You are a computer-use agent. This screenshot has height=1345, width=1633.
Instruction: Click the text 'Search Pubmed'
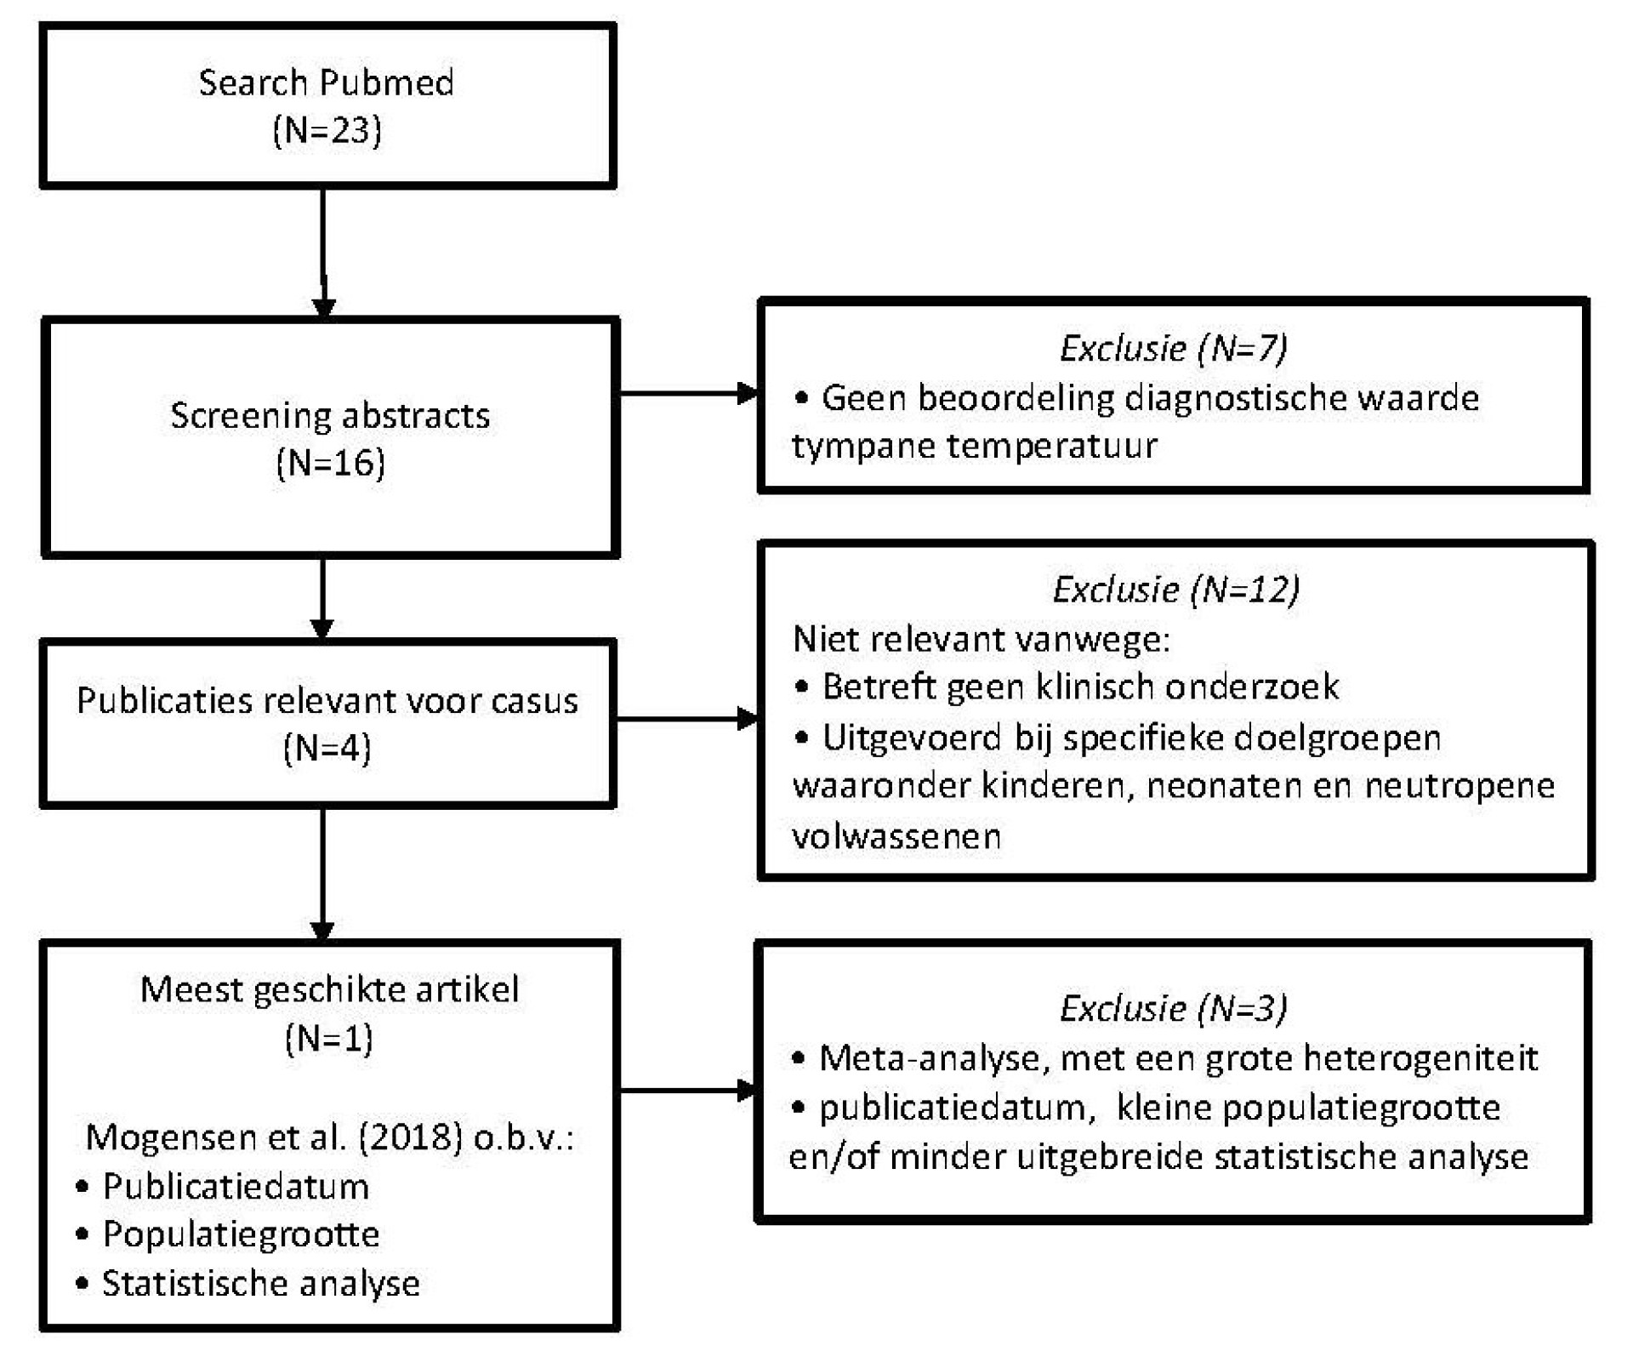click(x=327, y=83)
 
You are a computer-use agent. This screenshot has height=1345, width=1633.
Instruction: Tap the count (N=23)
click(x=327, y=130)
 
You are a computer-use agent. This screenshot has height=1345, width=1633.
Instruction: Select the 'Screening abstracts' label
click(x=330, y=415)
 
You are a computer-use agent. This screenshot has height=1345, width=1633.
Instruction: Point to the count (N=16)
click(x=331, y=463)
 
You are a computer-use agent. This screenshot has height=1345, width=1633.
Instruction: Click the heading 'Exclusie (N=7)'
click(x=1174, y=348)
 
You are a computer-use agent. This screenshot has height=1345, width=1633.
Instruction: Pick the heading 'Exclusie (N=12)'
click(x=1176, y=589)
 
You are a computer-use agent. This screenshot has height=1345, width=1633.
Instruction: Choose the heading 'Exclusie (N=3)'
click(x=1174, y=1008)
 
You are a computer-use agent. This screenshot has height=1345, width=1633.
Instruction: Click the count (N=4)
click(x=327, y=748)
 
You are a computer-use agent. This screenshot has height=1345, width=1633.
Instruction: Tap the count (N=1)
click(x=329, y=1038)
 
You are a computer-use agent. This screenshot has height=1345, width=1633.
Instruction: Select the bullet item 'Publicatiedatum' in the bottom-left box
click(x=223, y=1187)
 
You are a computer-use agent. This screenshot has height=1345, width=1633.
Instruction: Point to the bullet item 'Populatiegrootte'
click(x=228, y=1234)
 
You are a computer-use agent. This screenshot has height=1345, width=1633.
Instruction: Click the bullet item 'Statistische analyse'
click(x=248, y=1283)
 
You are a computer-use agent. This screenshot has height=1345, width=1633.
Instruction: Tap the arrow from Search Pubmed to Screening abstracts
click(x=323, y=254)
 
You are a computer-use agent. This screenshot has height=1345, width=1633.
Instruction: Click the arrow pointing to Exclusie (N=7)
click(x=688, y=393)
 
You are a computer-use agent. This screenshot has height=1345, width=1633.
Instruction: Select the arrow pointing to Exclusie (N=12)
click(x=687, y=719)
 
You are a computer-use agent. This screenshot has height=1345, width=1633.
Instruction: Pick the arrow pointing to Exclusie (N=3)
click(x=687, y=1090)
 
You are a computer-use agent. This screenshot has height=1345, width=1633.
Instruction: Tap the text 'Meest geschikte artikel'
click(x=329, y=989)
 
